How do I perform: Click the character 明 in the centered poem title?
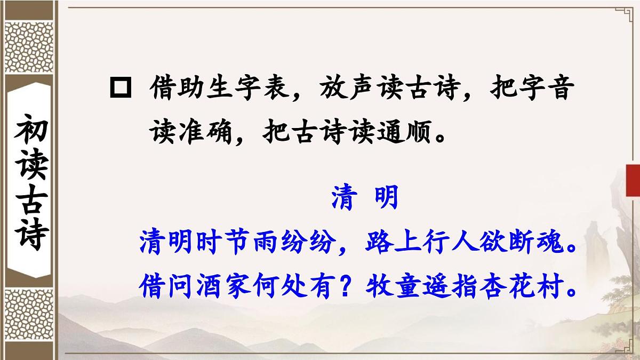pyautogui.click(x=386, y=199)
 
